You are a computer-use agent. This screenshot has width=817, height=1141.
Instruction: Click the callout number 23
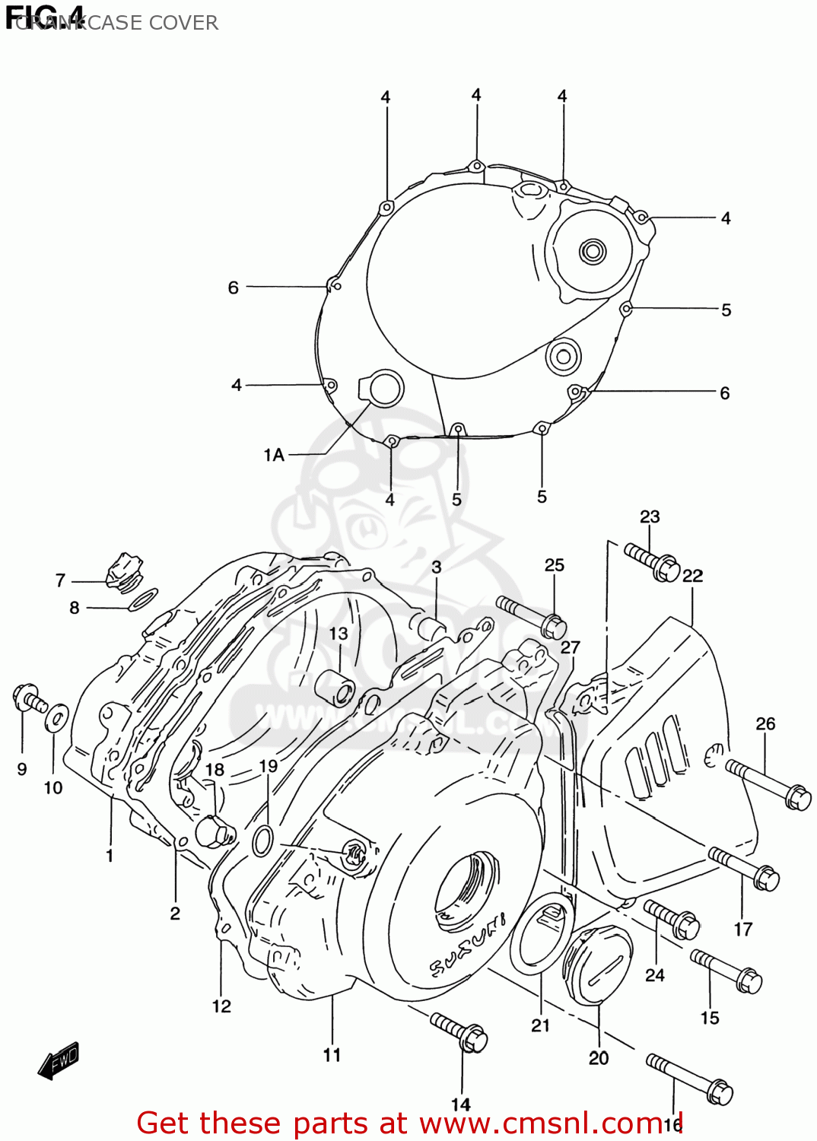coord(649,517)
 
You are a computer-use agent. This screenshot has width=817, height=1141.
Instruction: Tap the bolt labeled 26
coord(768,784)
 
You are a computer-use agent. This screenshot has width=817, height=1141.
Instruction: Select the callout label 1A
coord(274,455)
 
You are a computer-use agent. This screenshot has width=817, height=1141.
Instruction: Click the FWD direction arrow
coord(59,1060)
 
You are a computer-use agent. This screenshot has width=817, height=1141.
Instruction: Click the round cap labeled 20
coord(597,965)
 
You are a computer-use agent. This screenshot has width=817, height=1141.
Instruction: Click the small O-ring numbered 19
coord(262,841)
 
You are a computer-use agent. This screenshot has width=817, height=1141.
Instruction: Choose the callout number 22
coord(692,576)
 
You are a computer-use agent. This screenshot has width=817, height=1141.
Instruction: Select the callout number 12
coord(221,1006)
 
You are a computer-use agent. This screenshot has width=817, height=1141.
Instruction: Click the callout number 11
coord(332,1055)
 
